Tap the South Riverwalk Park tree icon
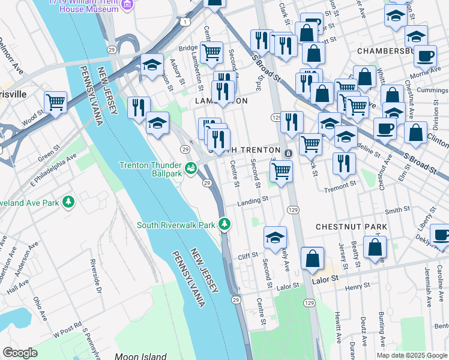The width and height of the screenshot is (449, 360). [224, 224]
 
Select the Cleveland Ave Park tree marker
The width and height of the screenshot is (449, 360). [70, 202]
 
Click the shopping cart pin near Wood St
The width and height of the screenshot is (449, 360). [55, 103]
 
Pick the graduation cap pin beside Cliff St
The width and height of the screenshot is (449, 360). [275, 237]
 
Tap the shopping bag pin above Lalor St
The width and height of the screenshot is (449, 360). [313, 259]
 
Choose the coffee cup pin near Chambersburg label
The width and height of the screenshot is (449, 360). [426, 56]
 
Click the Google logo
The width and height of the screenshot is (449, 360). [20, 353]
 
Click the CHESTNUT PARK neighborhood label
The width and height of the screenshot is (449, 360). [351, 227]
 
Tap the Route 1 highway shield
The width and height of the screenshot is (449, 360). [187, 22]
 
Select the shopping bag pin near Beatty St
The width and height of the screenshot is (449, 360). [375, 247]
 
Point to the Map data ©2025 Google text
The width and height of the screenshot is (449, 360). [411, 355]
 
